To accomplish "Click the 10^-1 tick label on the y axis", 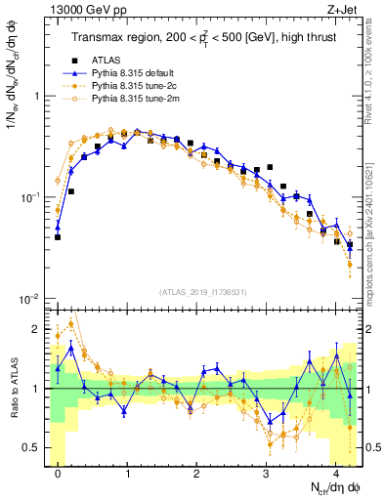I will (x=31, y=197).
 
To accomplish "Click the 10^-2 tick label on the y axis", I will (x=31, y=298).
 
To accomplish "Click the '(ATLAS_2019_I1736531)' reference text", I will (x=203, y=292).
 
